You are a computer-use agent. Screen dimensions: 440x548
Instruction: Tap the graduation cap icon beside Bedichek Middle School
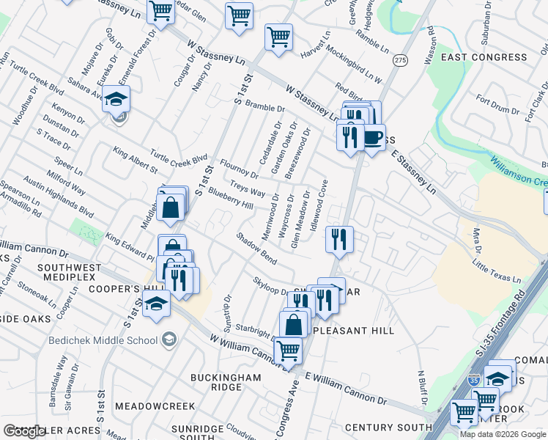point(169,339)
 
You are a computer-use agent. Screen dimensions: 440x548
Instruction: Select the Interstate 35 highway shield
point(474,381)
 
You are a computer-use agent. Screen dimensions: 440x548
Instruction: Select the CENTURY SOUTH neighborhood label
point(388,427)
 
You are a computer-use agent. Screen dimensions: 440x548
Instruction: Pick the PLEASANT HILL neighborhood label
point(354,331)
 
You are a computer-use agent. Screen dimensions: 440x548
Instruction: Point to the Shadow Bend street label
point(256,249)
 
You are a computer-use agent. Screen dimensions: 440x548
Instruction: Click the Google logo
point(23,432)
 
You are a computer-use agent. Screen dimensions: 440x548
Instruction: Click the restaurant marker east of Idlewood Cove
point(339,238)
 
